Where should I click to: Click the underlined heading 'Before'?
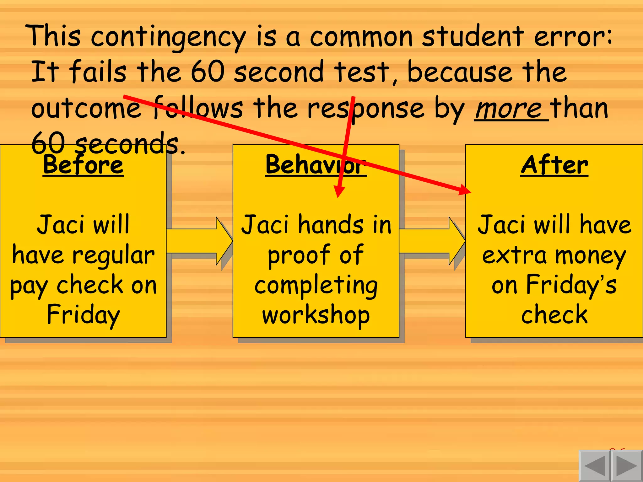point(83,165)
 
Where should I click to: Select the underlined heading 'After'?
point(554,165)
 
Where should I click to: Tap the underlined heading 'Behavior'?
point(316,165)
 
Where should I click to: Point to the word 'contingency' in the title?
point(168,37)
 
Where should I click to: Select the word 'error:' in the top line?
point(573,37)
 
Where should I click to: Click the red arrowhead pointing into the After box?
point(465,190)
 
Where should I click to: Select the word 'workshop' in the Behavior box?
point(316,315)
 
